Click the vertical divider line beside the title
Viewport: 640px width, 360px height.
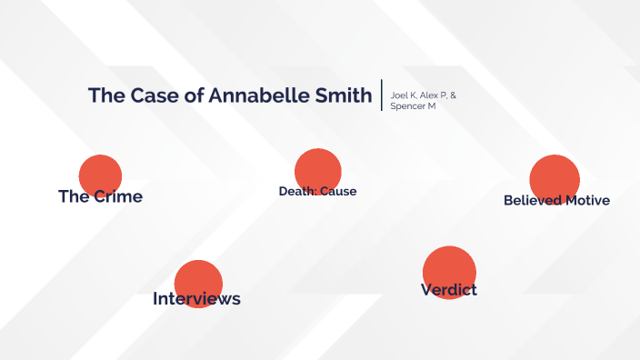click(x=382, y=95)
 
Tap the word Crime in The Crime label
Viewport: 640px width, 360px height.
click(x=118, y=196)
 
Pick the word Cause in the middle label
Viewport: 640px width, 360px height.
click(x=337, y=191)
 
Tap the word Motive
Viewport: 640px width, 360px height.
click(x=588, y=200)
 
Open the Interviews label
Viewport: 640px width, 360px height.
click(x=196, y=298)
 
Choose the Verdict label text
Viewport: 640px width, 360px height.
click(x=449, y=290)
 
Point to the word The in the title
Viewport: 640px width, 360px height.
click(x=105, y=95)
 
